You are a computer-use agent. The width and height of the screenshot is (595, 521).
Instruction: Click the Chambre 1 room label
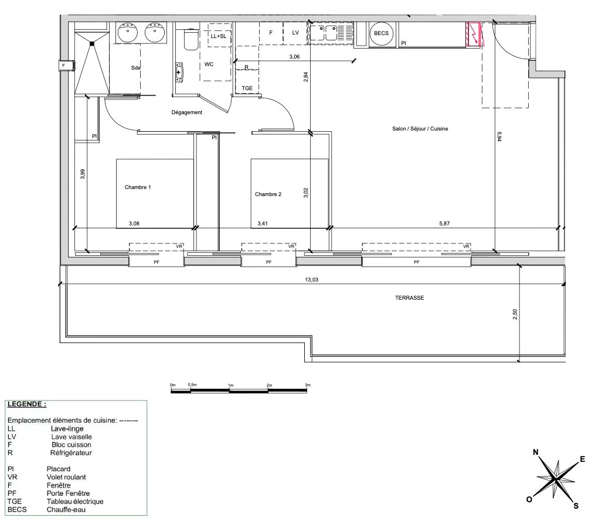click(x=138, y=187)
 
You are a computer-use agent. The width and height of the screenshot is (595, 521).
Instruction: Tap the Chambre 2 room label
click(x=268, y=194)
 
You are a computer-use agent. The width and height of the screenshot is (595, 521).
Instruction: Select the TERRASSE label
click(x=409, y=297)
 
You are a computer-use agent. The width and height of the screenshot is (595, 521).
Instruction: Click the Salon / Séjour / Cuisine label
click(x=420, y=129)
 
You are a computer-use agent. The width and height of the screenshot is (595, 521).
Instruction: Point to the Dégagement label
click(x=187, y=112)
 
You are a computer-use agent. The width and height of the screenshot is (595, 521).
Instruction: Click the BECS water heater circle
click(x=382, y=34)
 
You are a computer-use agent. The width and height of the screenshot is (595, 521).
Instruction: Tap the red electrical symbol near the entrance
click(x=474, y=35)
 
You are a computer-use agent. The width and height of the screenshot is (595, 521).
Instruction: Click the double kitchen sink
click(x=323, y=33)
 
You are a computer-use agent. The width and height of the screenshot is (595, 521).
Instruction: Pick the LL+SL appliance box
click(x=217, y=36)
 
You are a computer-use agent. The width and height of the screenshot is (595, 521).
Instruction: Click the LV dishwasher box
click(x=296, y=33)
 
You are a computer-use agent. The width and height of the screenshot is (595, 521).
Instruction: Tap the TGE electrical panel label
click(x=247, y=89)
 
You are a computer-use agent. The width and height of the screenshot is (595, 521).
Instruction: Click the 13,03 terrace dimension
click(x=312, y=280)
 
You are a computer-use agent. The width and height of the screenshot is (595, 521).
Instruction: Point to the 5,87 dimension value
click(x=447, y=223)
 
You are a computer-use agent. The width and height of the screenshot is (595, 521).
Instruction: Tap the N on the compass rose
click(x=535, y=453)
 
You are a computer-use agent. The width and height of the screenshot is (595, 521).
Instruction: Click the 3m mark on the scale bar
click(x=307, y=385)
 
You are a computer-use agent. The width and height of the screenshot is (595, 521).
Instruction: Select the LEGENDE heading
click(x=26, y=404)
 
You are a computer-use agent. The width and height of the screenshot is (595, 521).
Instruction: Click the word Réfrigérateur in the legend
click(x=72, y=453)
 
